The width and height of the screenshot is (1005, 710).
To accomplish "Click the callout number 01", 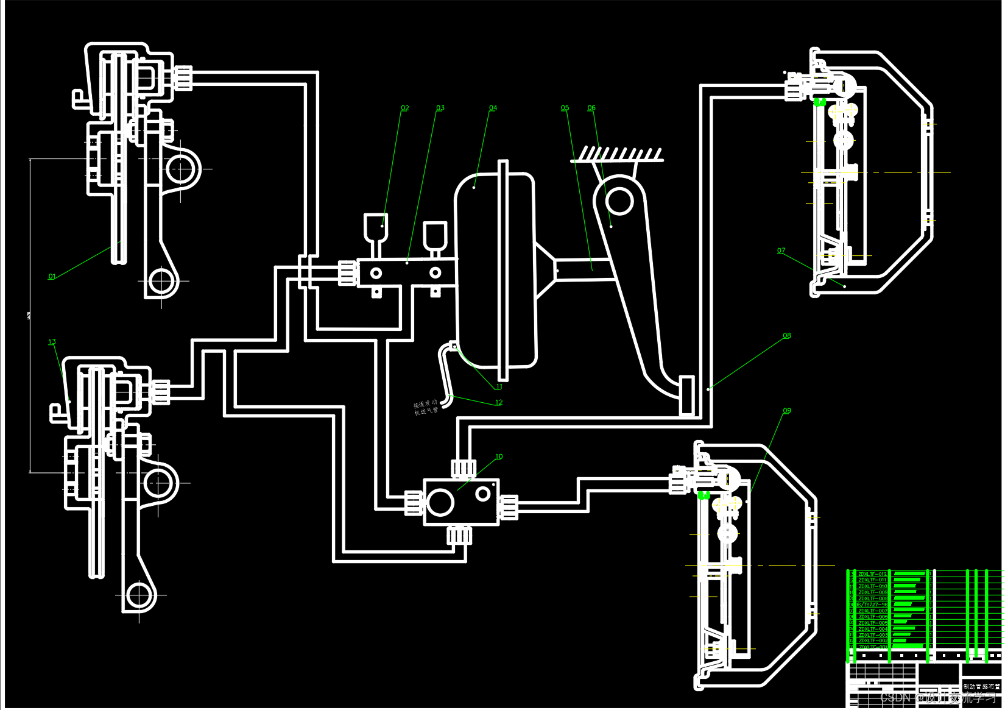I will [x=52, y=277].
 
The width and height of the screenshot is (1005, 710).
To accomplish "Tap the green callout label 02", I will [x=405, y=108].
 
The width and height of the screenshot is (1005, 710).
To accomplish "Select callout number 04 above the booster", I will [x=493, y=108].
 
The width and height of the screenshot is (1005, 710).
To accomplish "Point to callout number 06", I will [x=591, y=108].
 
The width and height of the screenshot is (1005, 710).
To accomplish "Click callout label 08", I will [x=787, y=336].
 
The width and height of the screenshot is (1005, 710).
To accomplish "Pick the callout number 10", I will [x=499, y=456].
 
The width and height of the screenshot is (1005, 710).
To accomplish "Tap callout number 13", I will [x=52, y=342].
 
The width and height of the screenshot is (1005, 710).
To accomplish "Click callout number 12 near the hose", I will [x=499, y=402].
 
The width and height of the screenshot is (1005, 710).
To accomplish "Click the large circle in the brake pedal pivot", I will [x=619, y=201].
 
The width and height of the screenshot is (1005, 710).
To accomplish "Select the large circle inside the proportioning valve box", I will [x=440, y=502].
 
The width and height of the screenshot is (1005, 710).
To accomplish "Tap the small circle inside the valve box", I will [x=482, y=494].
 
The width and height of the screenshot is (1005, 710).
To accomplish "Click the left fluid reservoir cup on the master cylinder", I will [x=375, y=227].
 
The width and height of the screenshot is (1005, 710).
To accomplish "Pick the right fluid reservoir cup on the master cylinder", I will [x=435, y=235].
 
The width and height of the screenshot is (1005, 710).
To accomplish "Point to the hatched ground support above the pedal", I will [x=616, y=154].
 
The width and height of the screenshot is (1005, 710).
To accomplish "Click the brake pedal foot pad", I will [x=686, y=396].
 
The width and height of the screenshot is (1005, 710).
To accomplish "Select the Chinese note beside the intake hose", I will [x=426, y=408].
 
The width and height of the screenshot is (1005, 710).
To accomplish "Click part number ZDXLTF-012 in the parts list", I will [x=872, y=574].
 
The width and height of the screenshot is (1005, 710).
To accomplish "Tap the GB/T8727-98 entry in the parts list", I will [x=872, y=605].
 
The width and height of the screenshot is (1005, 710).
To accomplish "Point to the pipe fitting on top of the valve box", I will [x=463, y=468].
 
